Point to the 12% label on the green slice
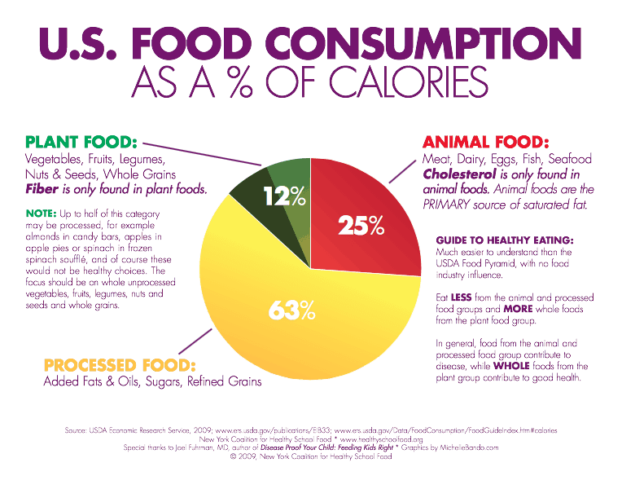[283, 196]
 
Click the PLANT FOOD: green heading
[81, 142]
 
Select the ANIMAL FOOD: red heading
[486, 142]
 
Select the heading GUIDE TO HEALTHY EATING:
[506, 241]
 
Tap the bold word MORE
[515, 310]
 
